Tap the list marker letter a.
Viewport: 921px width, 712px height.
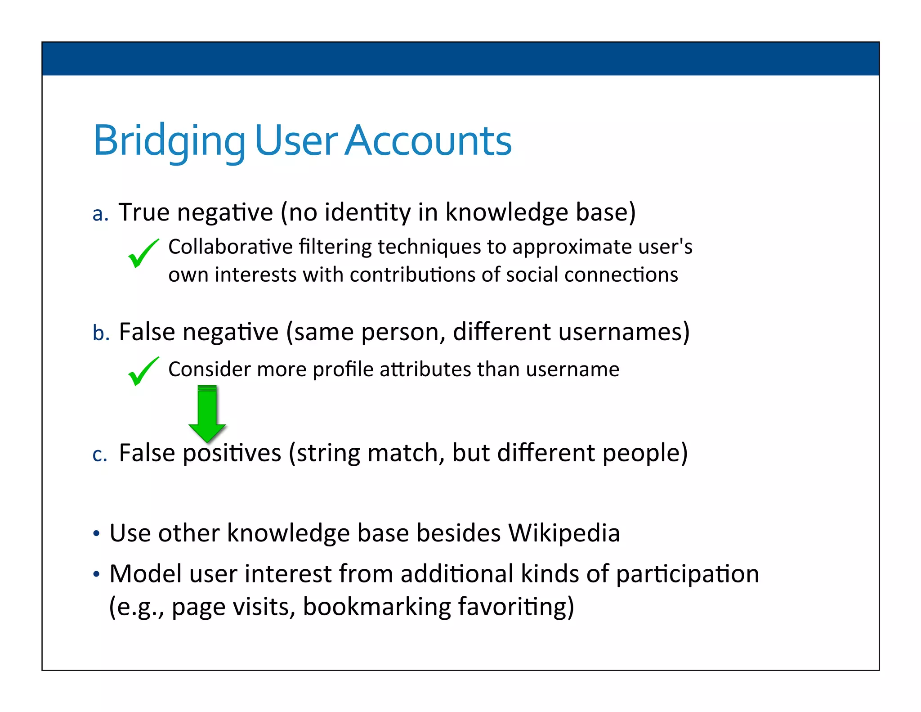tap(100, 214)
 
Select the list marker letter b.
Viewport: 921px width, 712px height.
tap(101, 333)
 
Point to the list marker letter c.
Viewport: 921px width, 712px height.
tap(99, 454)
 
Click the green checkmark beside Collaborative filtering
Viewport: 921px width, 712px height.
tap(143, 253)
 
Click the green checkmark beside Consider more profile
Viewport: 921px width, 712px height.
tap(143, 371)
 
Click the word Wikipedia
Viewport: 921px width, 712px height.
tap(564, 533)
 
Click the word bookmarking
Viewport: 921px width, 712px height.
tap(377, 607)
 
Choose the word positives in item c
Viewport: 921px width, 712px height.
tap(232, 453)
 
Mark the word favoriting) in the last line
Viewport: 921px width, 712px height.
tap(516, 607)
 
